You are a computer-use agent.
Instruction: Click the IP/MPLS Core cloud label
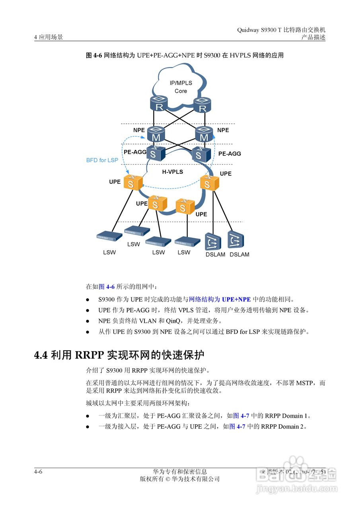click(181, 87)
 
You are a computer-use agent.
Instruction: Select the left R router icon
click(159, 104)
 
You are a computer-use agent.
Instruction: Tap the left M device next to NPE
click(156, 134)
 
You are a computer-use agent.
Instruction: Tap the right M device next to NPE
click(204, 134)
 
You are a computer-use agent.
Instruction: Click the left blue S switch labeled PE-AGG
click(153, 153)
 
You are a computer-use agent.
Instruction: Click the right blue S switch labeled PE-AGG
click(198, 154)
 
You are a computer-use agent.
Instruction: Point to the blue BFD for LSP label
click(102, 160)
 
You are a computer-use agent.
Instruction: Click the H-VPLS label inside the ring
click(172, 172)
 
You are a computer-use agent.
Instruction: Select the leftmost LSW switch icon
click(109, 236)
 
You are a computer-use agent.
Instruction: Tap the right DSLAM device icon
click(235, 240)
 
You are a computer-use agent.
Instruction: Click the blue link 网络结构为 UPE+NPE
click(220, 299)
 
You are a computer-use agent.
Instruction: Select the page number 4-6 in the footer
click(38, 472)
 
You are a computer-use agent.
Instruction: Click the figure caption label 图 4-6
click(95, 56)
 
